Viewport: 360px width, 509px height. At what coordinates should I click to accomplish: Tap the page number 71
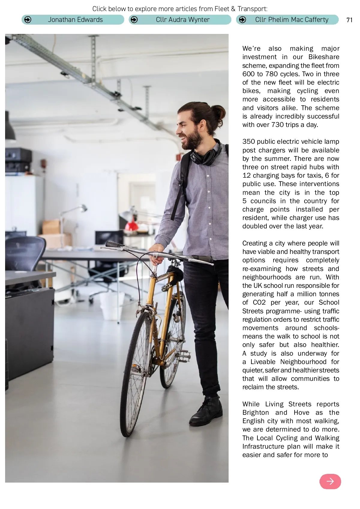click(349, 20)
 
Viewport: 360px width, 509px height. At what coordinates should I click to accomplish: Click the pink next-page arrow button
click(330, 481)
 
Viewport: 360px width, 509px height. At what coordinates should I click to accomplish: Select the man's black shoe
click(206, 411)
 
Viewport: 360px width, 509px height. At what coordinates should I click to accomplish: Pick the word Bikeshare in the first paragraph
click(324, 57)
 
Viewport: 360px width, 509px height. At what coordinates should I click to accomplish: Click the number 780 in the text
click(271, 74)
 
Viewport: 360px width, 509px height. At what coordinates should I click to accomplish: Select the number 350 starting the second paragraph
click(248, 142)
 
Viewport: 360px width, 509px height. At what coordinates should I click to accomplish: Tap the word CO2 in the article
click(259, 303)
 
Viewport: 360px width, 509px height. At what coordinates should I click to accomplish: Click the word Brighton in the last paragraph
click(256, 413)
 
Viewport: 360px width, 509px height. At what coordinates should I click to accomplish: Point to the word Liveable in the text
click(263, 362)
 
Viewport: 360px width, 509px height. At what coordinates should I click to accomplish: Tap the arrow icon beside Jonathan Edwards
click(28, 20)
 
